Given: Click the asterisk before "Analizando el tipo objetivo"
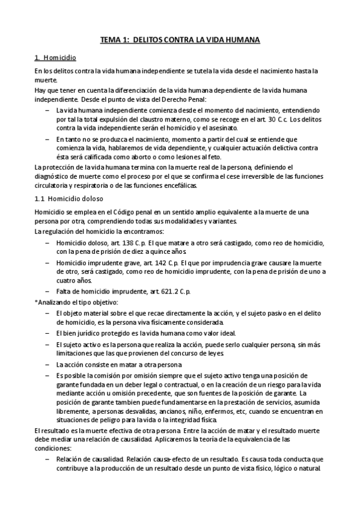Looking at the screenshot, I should (35, 301).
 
